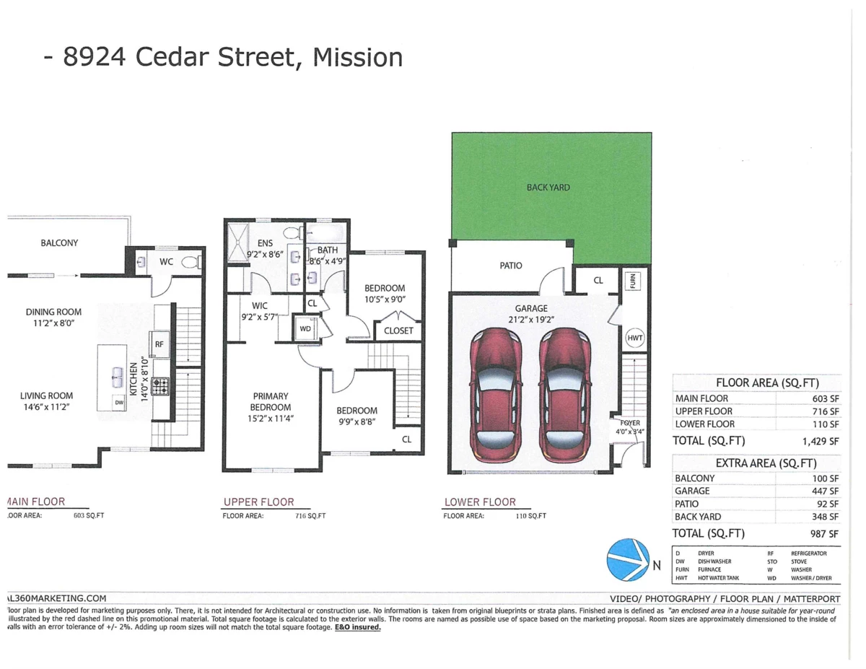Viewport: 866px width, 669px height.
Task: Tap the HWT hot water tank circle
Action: tap(635, 337)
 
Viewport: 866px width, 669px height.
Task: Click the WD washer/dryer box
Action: tap(307, 328)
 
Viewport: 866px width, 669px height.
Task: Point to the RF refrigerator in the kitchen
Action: tap(159, 344)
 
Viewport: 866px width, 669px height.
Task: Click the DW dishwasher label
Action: tap(118, 403)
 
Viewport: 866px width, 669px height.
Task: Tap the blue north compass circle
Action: tap(627, 560)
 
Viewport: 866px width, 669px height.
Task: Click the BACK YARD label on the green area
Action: tap(548, 188)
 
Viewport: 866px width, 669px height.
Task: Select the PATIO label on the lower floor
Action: tap(511, 266)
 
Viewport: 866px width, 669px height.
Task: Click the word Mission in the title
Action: tap(357, 57)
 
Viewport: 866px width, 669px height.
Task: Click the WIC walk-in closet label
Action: tap(260, 306)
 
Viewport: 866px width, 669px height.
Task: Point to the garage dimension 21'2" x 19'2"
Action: tap(536, 318)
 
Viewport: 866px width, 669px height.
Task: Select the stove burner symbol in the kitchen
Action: tap(162, 386)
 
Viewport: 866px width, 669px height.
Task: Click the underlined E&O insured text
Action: tap(357, 628)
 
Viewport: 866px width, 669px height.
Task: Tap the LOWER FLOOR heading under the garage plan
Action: tap(480, 502)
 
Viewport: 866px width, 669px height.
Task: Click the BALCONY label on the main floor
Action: tap(59, 243)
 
